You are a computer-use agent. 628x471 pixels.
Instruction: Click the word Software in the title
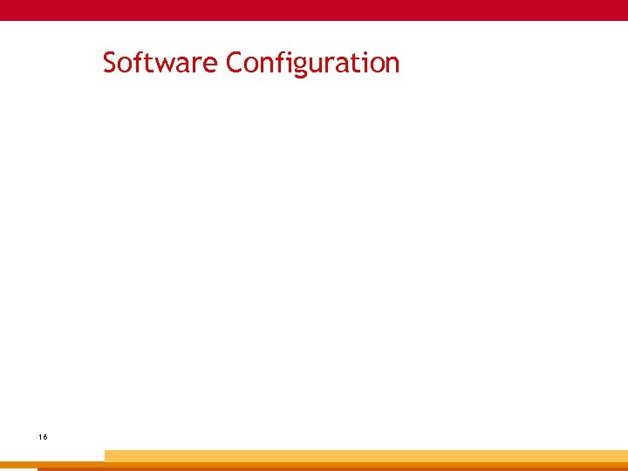pos(160,63)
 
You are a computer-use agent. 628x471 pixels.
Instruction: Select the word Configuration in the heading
pos(312,64)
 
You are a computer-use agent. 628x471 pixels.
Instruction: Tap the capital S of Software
pos(110,63)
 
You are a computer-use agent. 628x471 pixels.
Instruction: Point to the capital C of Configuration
pos(234,63)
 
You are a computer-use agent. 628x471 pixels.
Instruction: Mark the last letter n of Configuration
pos(392,65)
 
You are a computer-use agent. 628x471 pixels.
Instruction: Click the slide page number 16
pos(43,435)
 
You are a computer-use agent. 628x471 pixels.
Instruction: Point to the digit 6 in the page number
pos(44,435)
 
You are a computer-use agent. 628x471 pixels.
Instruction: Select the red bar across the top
pos(314,10)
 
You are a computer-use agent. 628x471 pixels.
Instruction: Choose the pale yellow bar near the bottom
pos(366,455)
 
